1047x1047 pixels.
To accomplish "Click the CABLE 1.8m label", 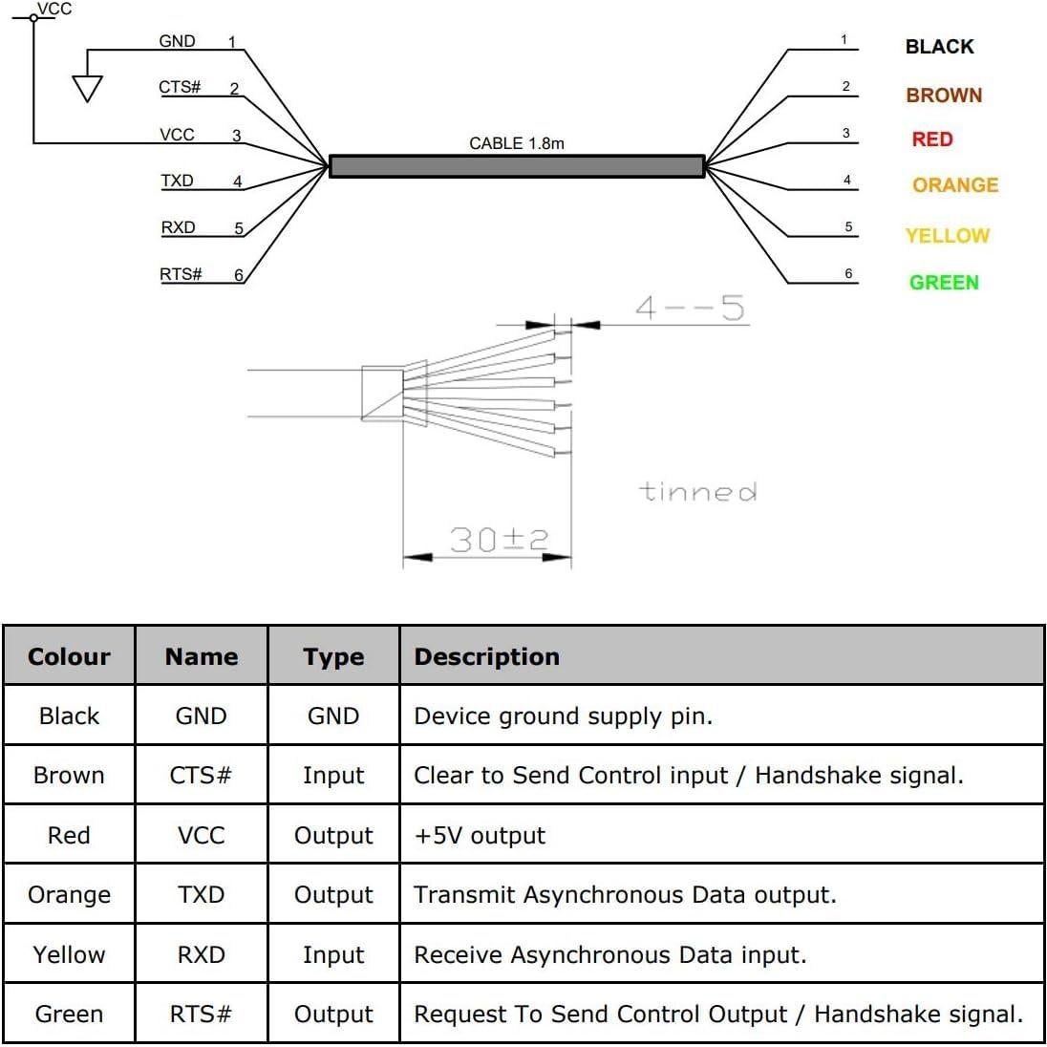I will tap(516, 143).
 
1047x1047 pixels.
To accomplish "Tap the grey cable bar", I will tap(516, 166).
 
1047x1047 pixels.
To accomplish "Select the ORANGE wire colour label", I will tap(954, 185).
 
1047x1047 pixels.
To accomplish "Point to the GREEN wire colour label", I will tap(944, 283).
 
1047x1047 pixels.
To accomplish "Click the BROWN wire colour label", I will tap(944, 96).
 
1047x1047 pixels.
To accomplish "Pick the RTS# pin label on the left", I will tap(181, 274).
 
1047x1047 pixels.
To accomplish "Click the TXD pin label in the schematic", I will tap(177, 181).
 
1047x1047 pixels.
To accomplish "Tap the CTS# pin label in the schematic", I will tap(180, 87).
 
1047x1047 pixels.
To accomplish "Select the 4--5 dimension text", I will tap(690, 308).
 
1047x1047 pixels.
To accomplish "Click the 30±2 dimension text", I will tap(499, 540).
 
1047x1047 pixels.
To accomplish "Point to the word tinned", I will tap(697, 492).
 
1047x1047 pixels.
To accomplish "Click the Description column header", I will tap(486, 656).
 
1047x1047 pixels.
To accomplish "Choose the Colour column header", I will tap(69, 656).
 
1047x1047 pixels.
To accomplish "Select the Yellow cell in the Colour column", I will tap(69, 954).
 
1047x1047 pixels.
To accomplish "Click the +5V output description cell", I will tap(480, 835).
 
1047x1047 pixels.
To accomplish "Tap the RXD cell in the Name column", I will tap(202, 954).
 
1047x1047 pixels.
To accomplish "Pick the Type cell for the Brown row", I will tap(333, 776).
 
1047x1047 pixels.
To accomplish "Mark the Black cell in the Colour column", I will tap(69, 716).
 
